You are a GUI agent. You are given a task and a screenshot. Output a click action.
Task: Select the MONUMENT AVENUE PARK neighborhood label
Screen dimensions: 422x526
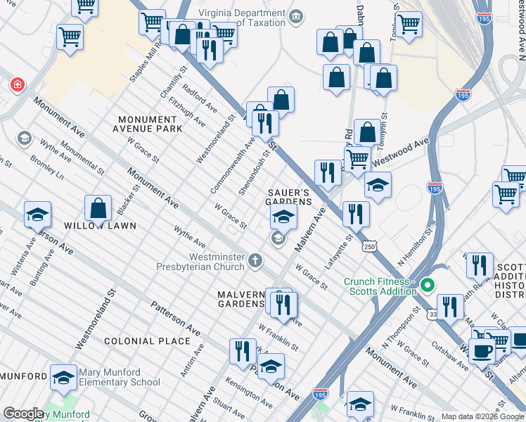[x=150, y=124]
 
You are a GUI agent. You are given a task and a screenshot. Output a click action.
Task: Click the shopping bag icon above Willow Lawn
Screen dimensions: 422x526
[x=98, y=209]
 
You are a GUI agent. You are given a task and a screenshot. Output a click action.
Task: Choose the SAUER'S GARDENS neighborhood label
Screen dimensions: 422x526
[x=288, y=197]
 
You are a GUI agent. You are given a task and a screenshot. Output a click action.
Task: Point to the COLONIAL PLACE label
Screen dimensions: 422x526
[x=147, y=341]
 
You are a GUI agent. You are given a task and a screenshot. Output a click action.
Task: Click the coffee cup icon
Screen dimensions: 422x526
[x=482, y=350]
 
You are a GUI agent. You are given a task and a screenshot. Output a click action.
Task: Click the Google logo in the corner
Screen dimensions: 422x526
[x=23, y=414]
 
